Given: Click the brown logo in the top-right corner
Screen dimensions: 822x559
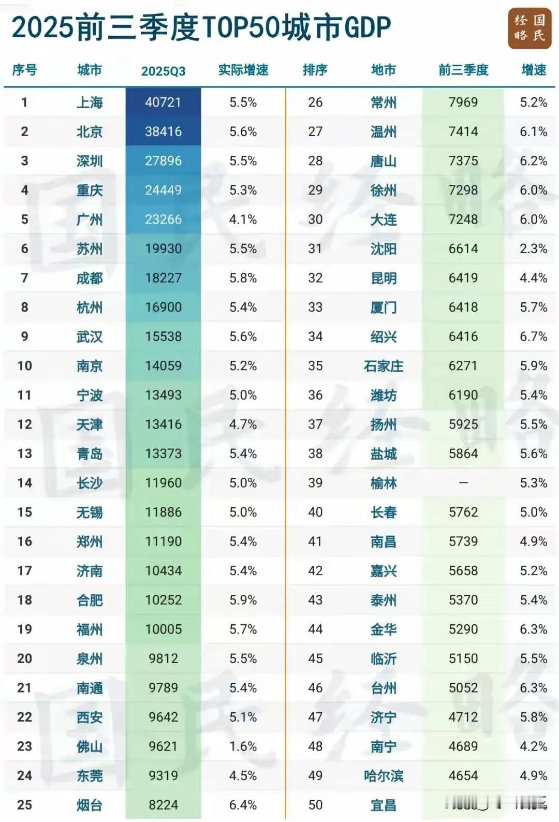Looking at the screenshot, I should [x=529, y=28].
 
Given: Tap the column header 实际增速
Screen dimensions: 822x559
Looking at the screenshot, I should [x=243, y=70].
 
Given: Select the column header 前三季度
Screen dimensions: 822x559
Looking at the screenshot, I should [x=463, y=70].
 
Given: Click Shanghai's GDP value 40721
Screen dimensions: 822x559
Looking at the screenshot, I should [x=163, y=102].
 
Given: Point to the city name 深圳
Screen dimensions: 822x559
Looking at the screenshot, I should [x=90, y=161].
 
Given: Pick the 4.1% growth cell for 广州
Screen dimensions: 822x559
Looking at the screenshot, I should [x=243, y=219].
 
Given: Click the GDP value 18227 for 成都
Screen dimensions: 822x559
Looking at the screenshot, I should [x=163, y=278].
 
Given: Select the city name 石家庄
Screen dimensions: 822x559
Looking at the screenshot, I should [x=384, y=366].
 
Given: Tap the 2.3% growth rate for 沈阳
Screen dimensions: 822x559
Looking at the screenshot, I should [x=534, y=249].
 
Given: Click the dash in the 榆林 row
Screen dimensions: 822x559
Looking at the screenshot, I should [x=463, y=483].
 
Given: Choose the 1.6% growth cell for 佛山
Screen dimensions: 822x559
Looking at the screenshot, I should [x=243, y=746].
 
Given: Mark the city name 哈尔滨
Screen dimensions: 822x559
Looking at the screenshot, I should [x=384, y=776].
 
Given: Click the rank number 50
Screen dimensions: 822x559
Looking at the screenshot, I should [x=315, y=805].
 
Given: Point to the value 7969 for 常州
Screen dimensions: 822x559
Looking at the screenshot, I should [x=463, y=102].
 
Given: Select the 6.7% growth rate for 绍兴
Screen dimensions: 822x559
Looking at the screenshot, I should [x=534, y=336].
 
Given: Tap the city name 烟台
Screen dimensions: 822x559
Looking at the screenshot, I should [x=90, y=805].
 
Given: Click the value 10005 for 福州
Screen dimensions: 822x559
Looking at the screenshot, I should [x=163, y=629].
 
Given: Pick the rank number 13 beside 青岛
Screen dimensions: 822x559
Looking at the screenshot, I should [x=24, y=453].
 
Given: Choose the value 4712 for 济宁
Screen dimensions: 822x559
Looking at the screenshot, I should [x=463, y=717].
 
